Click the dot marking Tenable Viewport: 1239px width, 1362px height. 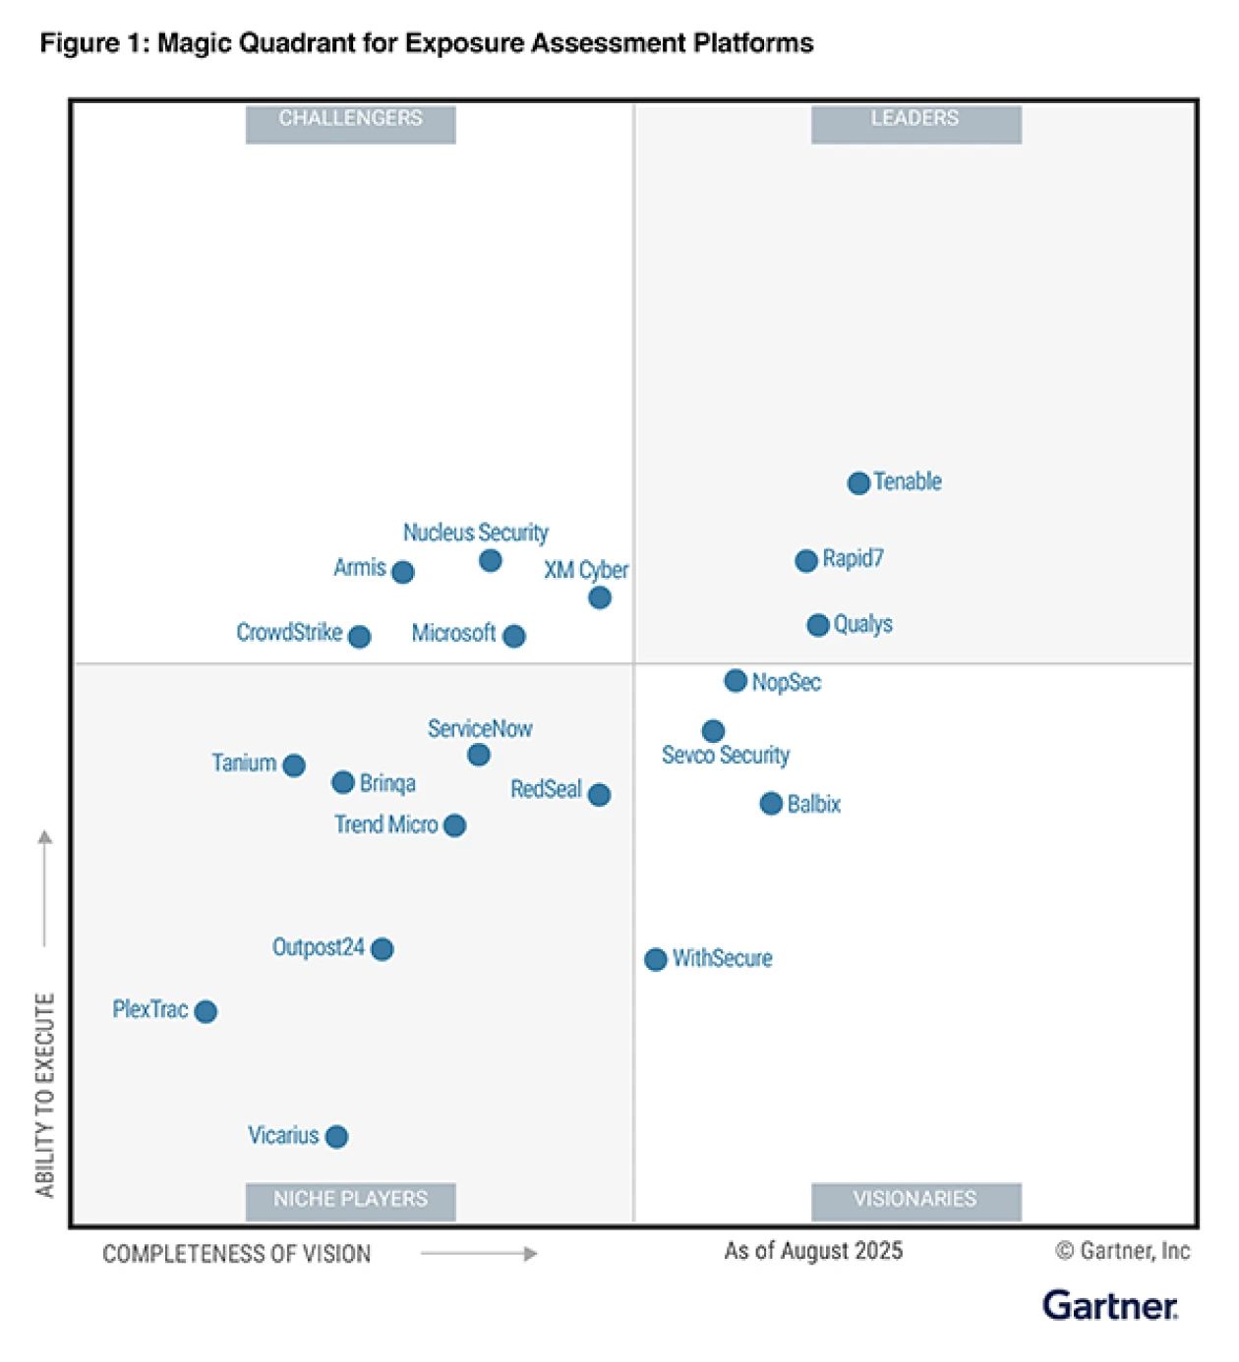pos(858,482)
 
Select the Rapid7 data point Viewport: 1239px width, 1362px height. pos(806,560)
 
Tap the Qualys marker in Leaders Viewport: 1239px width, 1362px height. pos(818,625)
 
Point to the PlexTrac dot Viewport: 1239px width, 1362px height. pos(206,1011)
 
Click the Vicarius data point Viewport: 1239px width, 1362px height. pos(336,1137)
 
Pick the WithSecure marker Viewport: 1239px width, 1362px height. pos(656,959)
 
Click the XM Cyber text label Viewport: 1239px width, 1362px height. pos(586,570)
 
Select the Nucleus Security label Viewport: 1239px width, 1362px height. pos(476,533)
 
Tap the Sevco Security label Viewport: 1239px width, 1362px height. pos(726,756)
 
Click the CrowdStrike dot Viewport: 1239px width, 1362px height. pos(360,637)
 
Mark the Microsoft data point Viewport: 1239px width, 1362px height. pos(513,636)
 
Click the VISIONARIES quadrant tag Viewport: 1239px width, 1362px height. pos(915,1200)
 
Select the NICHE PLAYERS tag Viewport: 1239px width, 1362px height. pos(350,1200)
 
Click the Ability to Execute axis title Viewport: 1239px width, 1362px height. pos(45,1096)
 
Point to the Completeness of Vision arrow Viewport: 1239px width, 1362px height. pos(479,1254)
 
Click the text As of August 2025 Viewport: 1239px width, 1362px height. pos(813,1251)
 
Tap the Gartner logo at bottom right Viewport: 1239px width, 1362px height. pos(1110,1306)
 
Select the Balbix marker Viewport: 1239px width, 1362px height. pos(771,804)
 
